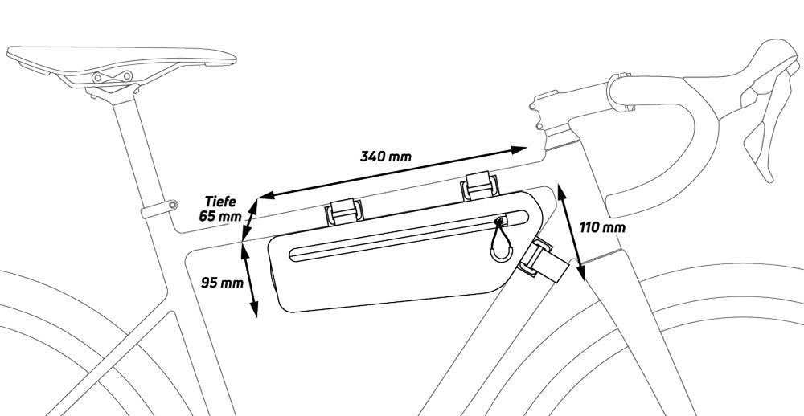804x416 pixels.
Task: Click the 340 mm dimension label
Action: [x=386, y=157]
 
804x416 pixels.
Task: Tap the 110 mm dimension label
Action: [x=602, y=227]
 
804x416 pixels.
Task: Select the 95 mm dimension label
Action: [x=222, y=283]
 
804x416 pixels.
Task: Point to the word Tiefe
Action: [x=220, y=202]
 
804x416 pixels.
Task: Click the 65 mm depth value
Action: [x=220, y=216]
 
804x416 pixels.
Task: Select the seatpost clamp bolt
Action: [x=173, y=205]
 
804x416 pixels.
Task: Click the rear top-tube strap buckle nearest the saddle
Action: [x=344, y=211]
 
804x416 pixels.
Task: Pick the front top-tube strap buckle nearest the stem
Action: [x=480, y=186]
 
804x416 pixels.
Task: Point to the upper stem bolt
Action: [x=533, y=106]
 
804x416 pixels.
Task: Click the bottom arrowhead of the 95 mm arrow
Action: [x=253, y=309]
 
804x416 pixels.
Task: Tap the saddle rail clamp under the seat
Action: [x=113, y=77]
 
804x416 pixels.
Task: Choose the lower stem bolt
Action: [x=539, y=126]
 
